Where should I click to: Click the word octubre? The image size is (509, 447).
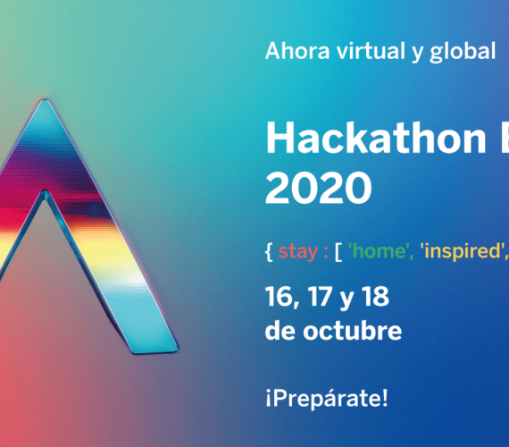coord(353,331)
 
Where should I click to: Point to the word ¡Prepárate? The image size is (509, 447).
coord(327,399)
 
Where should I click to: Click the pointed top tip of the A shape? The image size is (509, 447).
coord(45,100)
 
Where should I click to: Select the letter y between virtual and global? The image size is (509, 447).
coord(409,54)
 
